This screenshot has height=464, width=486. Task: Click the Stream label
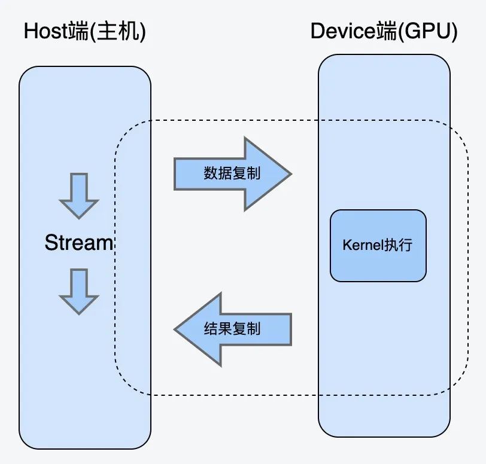click(x=78, y=243)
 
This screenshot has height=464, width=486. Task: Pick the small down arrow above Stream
click(x=78, y=196)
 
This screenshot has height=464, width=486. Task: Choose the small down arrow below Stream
click(x=78, y=291)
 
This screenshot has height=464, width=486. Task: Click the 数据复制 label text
click(x=232, y=173)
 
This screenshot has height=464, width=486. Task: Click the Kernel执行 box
click(x=378, y=245)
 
